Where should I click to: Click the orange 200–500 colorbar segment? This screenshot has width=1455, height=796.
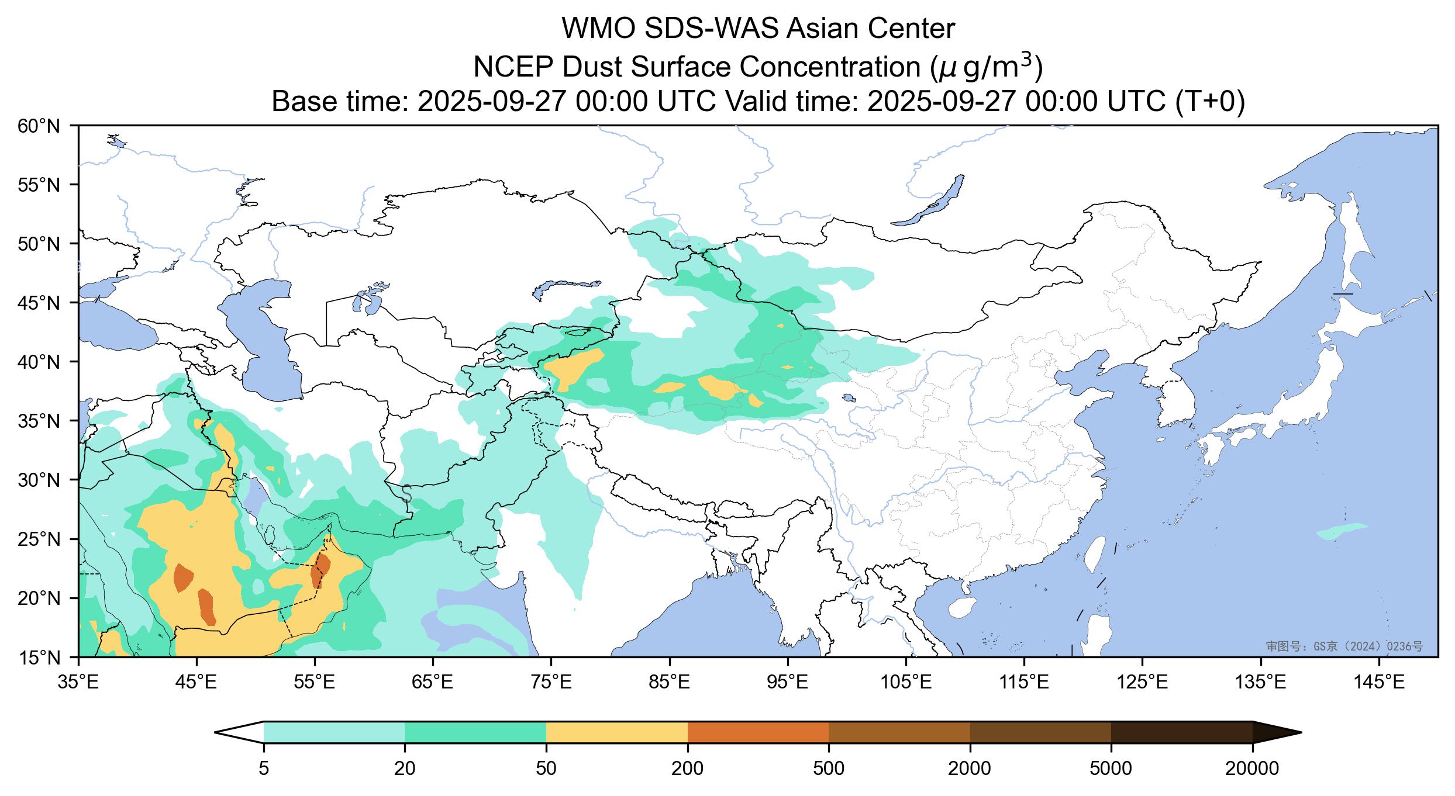[x=758, y=732]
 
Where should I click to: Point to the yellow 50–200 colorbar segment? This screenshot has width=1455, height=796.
[x=616, y=732]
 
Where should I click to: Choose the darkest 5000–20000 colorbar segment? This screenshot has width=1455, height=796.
[x=1181, y=732]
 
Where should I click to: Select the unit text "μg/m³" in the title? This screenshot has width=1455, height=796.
[x=982, y=67]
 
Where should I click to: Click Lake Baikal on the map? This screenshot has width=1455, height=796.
[x=930, y=202]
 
